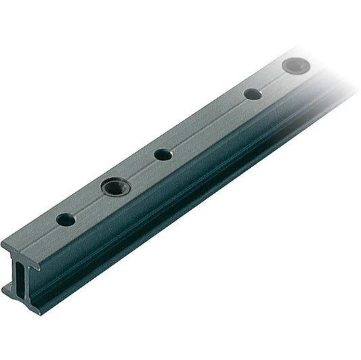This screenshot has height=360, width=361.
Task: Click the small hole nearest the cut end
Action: pos(66,220)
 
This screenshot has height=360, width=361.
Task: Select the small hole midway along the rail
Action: pos(163,154)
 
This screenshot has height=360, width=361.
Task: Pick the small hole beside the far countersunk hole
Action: pos(253,94)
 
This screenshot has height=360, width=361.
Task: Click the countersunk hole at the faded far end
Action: pos(293,66)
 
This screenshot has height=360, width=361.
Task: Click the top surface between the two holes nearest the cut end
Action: pos(89,203)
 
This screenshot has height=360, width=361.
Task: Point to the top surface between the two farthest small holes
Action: pos(207,125)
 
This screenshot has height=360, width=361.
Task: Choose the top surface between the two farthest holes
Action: pos(272,81)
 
